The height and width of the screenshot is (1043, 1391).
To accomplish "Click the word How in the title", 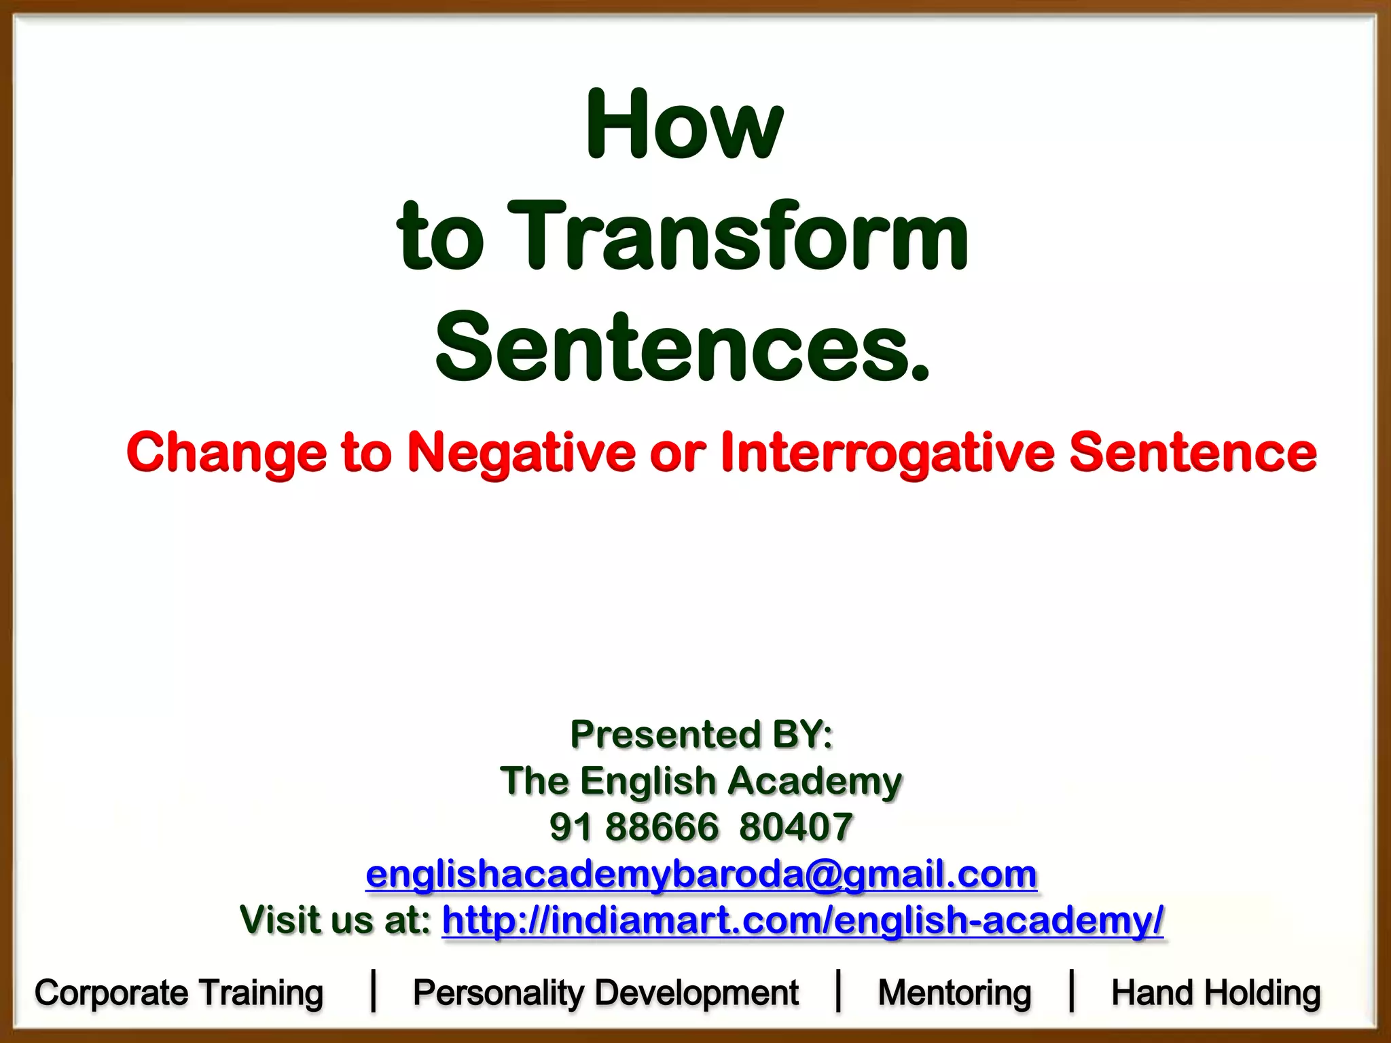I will pos(684,125).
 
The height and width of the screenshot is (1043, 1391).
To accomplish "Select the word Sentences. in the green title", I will pos(682,348).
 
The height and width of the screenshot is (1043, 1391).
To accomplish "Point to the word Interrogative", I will pos(887,454).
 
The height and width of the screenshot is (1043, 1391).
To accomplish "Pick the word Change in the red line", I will pos(227,454).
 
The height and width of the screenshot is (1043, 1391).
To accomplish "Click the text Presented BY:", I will pos(701,734).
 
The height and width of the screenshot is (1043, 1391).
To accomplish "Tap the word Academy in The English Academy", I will pos(814,781).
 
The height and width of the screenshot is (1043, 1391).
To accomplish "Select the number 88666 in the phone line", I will pos(662,827).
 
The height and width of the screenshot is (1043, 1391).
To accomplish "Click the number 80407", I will pos(795,827).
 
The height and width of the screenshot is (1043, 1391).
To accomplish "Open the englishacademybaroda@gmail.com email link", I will pos(701,874).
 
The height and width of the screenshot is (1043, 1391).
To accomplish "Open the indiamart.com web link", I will pos(802,920).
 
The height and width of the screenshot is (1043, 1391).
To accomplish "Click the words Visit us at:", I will pos(336,920).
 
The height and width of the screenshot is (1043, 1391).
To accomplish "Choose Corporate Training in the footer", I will pos(179,993).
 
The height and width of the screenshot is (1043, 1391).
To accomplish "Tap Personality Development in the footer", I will pos(605,993).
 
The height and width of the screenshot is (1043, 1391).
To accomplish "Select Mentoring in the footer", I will pos(954,993).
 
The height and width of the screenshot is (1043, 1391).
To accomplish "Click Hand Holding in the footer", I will pos(1216,993).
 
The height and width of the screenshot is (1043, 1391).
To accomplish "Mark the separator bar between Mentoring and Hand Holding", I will pos(1072,991).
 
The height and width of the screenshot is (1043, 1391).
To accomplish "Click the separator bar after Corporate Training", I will pos(373,991).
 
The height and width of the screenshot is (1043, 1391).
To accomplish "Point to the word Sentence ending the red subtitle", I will pos(1193,454).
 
